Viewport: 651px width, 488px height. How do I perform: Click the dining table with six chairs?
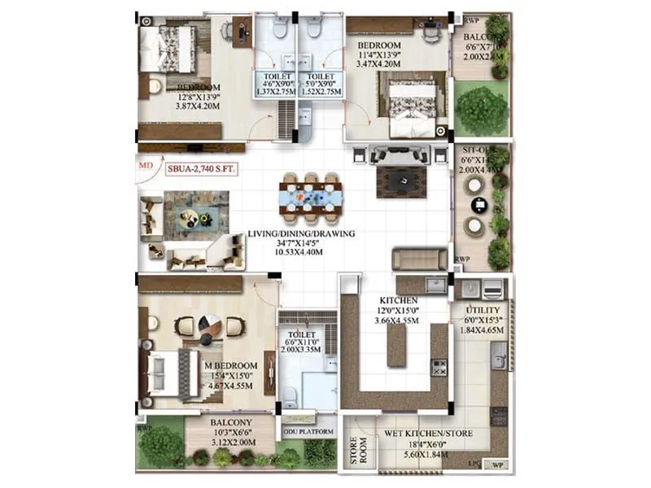click(x=310, y=196)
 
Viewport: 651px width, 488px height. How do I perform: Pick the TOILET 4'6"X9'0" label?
click(x=276, y=81)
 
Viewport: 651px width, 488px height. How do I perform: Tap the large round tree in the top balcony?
click(x=481, y=107)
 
